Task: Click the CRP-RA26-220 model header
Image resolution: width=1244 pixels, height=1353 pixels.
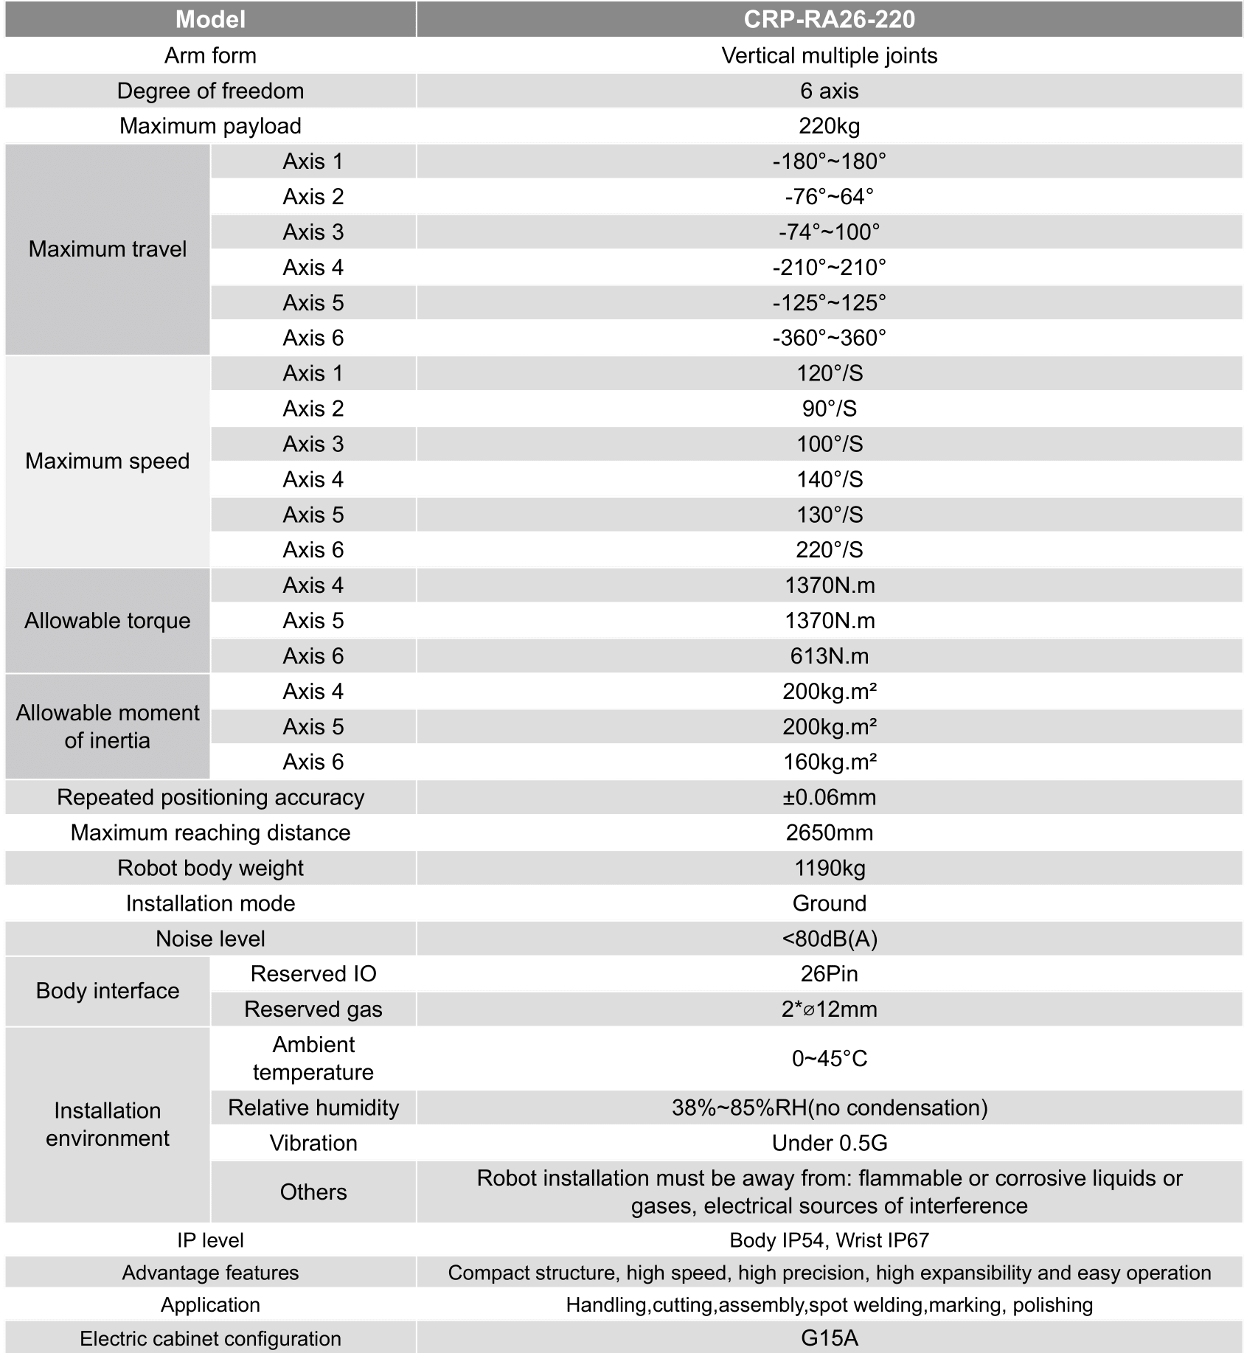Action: pos(829,19)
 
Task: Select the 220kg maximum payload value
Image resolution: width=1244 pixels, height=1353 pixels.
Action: pos(829,126)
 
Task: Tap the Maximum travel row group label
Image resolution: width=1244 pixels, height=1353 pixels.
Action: pos(108,249)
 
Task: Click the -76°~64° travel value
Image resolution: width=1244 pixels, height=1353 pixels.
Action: pos(829,197)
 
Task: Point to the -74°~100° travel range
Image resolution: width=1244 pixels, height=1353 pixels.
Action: pos(829,232)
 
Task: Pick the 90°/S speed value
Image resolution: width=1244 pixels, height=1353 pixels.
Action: pos(829,408)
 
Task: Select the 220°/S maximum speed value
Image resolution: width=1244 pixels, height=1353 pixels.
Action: pos(829,550)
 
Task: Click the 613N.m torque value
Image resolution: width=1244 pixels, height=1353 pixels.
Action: pos(829,656)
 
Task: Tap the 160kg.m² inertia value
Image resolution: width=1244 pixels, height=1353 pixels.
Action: pos(829,762)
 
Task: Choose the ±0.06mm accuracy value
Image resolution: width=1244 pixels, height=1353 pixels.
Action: pos(829,797)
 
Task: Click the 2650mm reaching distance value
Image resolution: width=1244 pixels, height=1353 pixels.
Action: pos(829,832)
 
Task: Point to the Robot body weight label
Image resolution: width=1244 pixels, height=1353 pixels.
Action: pos(210,868)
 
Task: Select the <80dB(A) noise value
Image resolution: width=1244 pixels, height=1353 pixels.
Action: pos(829,939)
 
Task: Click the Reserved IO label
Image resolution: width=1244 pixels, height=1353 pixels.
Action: pos(313,974)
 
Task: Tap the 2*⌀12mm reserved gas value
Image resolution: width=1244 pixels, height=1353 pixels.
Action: pos(829,1009)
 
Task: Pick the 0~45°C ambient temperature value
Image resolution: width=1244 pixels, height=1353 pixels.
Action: pos(829,1059)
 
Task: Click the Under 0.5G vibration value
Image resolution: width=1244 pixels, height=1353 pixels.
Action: pos(829,1143)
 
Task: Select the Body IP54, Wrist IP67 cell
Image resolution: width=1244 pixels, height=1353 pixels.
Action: pos(829,1240)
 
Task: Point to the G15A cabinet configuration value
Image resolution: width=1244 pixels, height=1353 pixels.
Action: pos(829,1338)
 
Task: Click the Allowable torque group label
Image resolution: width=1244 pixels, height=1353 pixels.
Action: pos(108,621)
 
